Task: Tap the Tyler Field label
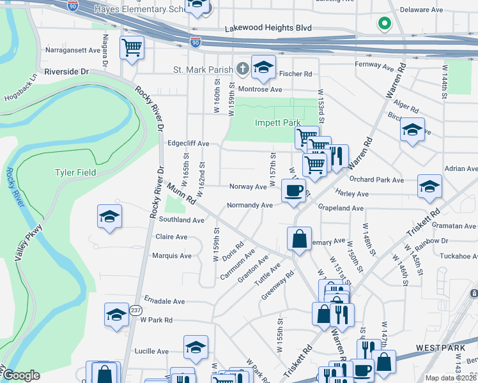coord(75,172)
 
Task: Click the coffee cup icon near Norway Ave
coord(293,190)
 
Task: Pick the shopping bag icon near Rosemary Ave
coord(300,239)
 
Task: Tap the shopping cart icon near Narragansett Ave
coord(132,47)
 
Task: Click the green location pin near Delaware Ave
coord(384,24)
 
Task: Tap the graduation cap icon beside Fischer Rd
coord(263,66)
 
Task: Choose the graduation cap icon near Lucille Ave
coord(196,347)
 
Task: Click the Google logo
coord(21,375)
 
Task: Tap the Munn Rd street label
coord(181,194)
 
